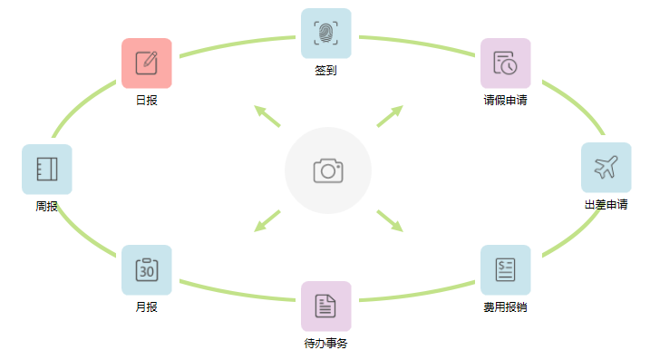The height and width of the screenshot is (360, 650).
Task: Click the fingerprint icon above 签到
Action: [x=325, y=34]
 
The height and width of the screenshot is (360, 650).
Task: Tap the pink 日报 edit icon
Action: [x=147, y=63]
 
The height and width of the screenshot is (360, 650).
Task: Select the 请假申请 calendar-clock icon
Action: [x=505, y=63]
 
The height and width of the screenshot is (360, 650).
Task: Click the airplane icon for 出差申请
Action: [x=606, y=168]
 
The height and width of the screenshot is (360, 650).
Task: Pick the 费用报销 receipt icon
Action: [x=505, y=270]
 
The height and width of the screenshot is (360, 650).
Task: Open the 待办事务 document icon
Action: [x=325, y=306]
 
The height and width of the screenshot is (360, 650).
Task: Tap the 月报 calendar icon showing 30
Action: [x=147, y=270]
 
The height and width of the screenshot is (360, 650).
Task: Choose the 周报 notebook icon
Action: [x=47, y=170]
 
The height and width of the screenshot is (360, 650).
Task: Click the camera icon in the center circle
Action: [x=327, y=170]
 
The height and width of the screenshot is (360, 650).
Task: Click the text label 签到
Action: [x=325, y=71]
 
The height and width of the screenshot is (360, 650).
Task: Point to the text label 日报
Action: [x=147, y=101]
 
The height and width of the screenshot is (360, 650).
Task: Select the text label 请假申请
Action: [x=505, y=101]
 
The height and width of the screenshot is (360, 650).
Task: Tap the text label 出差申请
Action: [x=606, y=205]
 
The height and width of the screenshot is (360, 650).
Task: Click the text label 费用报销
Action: [x=505, y=307]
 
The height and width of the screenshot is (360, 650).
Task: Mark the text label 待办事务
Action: [x=325, y=344]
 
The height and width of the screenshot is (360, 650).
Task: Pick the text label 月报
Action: [x=147, y=307]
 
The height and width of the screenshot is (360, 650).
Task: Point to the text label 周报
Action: [x=47, y=207]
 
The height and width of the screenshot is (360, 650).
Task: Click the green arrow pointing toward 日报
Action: [x=267, y=116]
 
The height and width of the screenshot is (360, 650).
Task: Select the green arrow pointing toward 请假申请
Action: [x=389, y=116]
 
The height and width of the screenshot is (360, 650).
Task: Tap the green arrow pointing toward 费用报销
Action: [x=389, y=220]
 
